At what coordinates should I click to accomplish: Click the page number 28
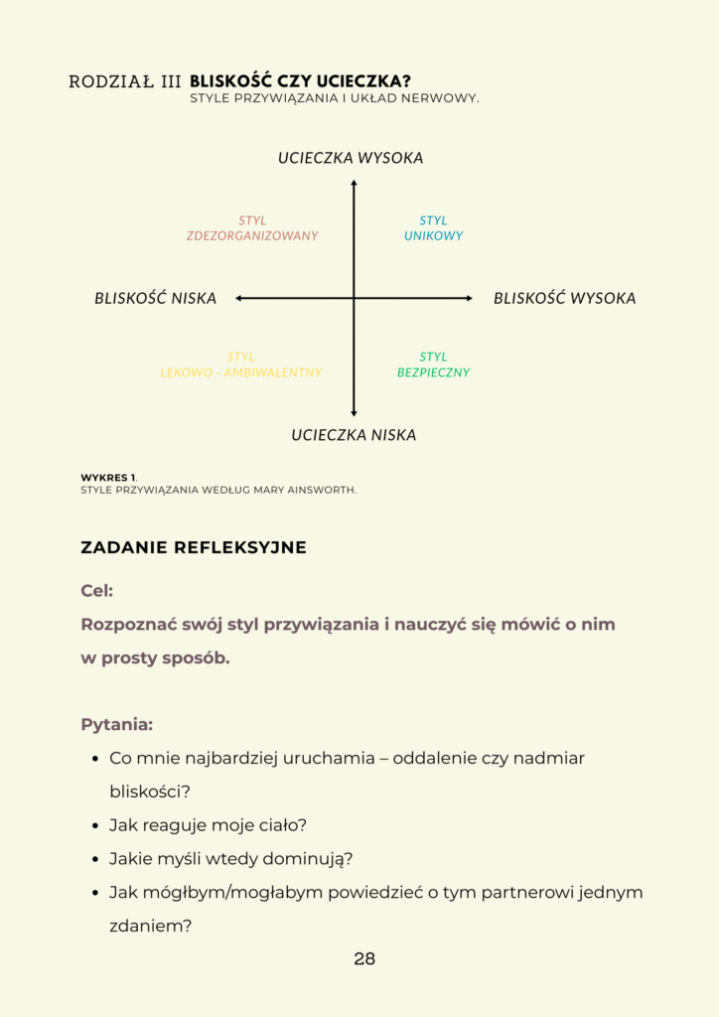[x=364, y=959]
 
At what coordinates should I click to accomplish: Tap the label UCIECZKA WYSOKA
[x=351, y=159]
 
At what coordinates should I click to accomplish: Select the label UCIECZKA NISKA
[x=354, y=435]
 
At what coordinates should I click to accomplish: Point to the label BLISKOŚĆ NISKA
[x=155, y=298]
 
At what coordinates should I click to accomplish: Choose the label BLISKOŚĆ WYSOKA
[x=564, y=298]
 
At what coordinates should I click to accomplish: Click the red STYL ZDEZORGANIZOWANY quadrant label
[x=252, y=228]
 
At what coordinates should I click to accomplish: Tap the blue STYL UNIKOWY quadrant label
[x=433, y=228]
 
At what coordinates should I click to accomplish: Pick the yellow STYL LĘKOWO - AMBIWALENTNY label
[x=241, y=364]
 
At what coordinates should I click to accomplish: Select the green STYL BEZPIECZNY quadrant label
[x=433, y=364]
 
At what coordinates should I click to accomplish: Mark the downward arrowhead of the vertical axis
[x=354, y=413]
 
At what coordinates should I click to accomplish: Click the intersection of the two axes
[x=354, y=298]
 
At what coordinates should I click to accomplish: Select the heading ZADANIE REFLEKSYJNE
[x=194, y=547]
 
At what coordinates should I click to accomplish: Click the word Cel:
[x=96, y=591]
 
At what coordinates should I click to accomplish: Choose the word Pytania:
[x=116, y=724]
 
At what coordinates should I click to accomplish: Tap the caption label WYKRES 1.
[x=109, y=478]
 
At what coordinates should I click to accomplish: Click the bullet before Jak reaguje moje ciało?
[x=96, y=826]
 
